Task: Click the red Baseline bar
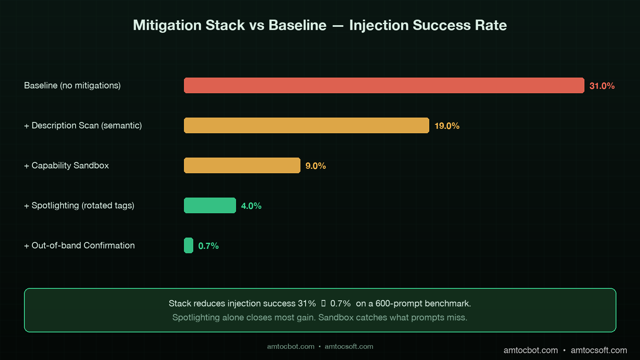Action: (384, 86)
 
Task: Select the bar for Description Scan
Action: (306, 126)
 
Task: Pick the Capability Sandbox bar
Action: (242, 166)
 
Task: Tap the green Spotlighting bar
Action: (210, 206)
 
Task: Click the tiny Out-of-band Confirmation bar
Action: (188, 246)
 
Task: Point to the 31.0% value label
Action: (602, 86)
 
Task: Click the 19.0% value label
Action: (447, 126)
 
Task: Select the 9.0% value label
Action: (316, 166)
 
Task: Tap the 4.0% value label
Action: (251, 206)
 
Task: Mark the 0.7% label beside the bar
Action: (208, 246)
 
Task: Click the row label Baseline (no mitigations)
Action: (72, 86)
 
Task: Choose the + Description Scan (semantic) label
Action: (83, 126)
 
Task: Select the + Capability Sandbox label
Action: (66, 166)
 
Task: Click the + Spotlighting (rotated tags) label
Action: (79, 206)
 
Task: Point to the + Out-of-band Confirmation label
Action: (79, 246)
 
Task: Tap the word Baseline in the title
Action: (297, 25)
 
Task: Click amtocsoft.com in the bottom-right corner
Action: (598, 350)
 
